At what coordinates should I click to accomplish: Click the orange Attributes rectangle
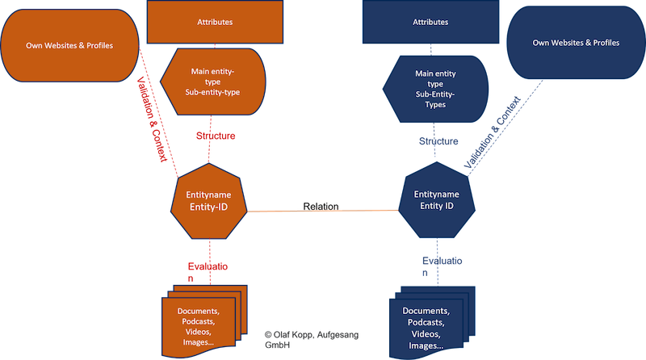[215, 22]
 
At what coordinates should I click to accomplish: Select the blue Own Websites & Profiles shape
[576, 44]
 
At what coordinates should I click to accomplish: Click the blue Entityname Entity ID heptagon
[436, 200]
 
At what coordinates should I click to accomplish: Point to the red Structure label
[215, 136]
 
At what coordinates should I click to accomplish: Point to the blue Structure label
[438, 141]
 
